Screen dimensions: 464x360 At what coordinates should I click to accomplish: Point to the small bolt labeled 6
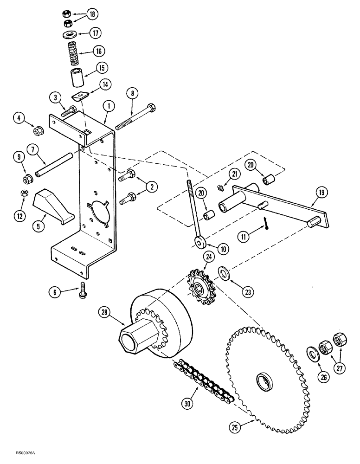pos(83,289)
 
